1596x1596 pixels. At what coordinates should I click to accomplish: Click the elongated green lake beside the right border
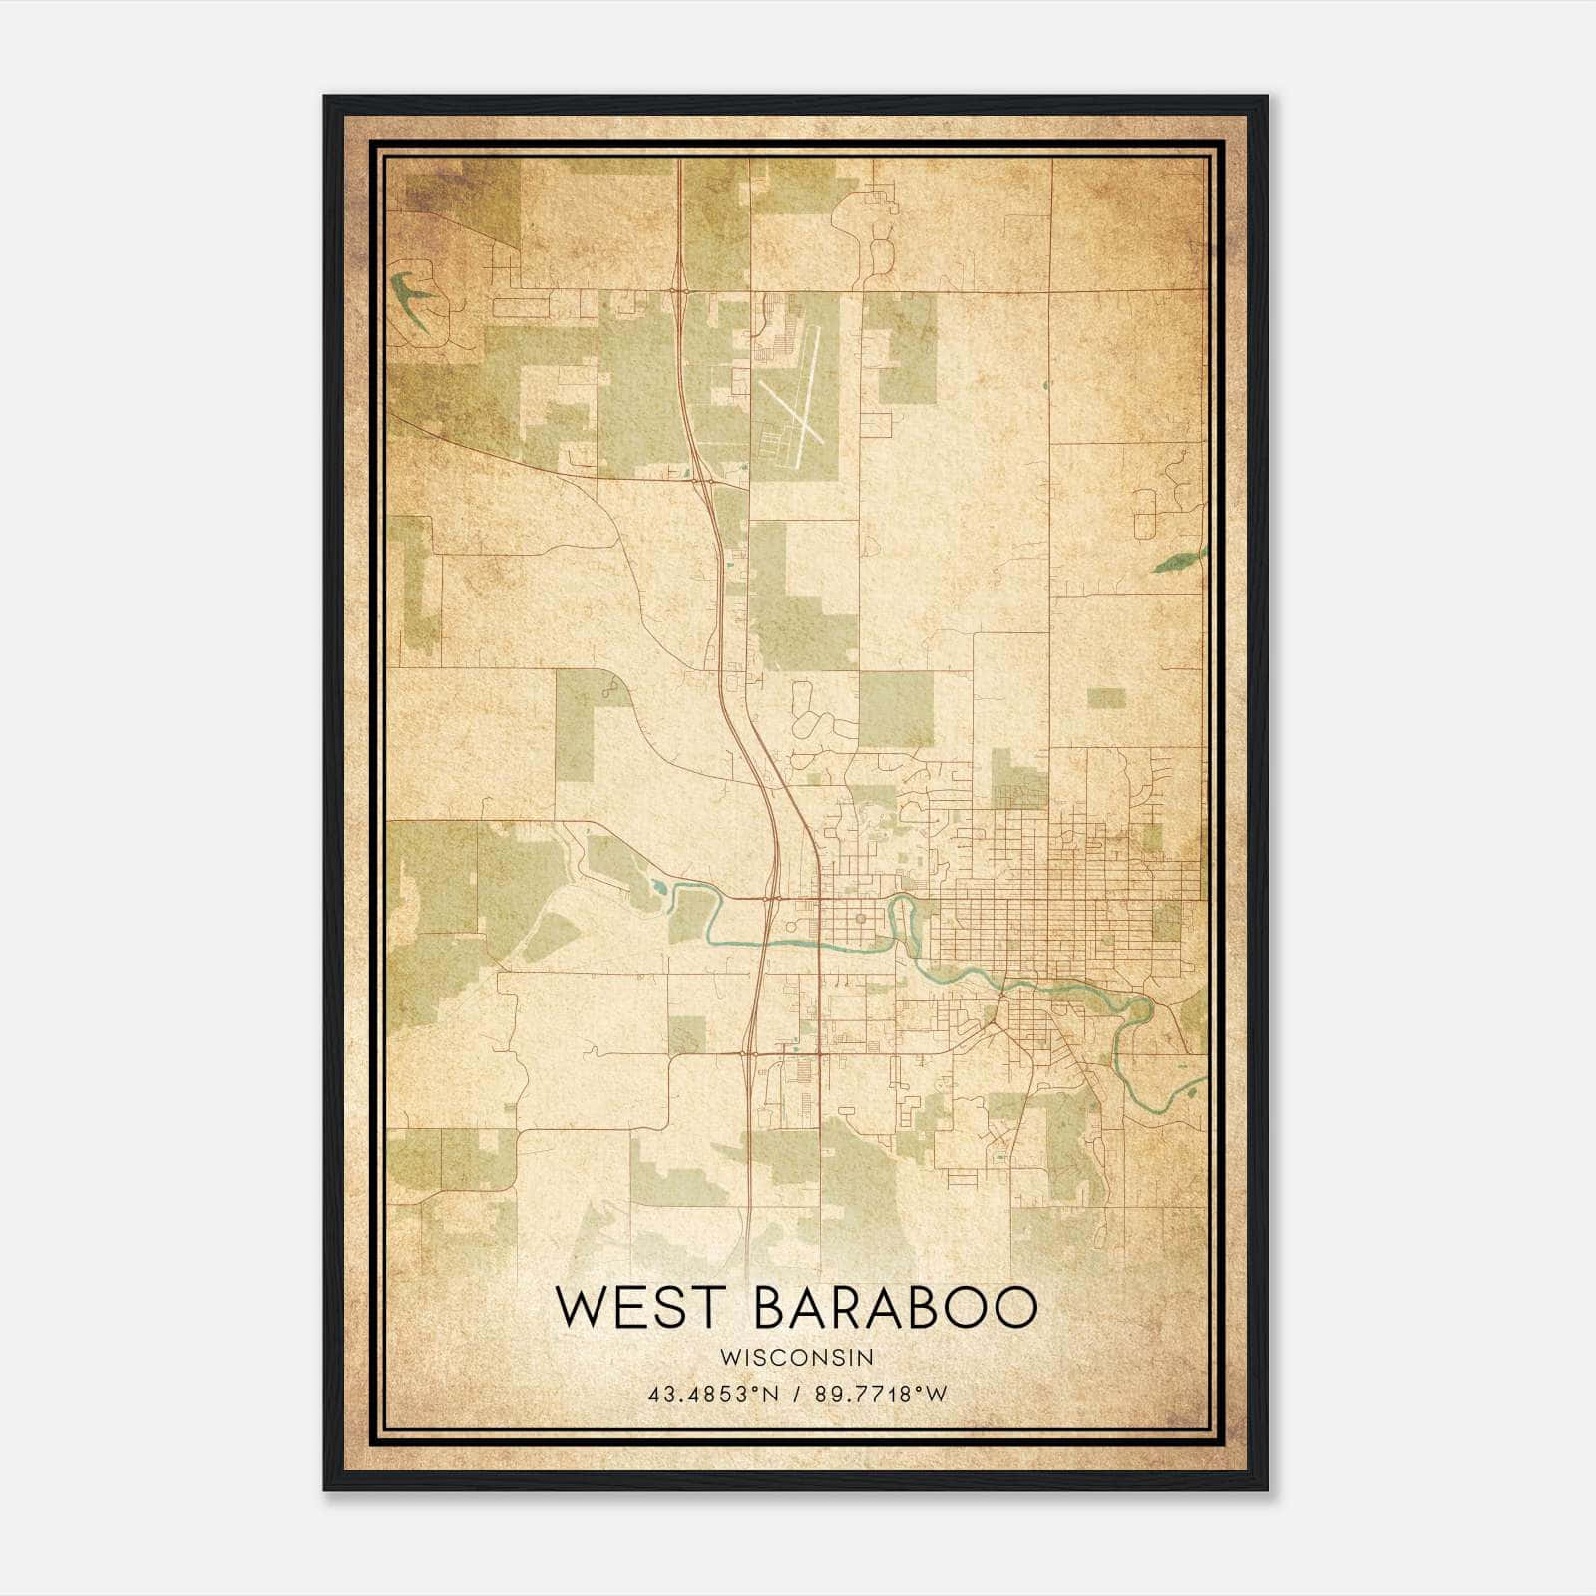pos(1178,561)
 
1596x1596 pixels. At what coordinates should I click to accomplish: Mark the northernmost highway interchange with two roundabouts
pos(679,290)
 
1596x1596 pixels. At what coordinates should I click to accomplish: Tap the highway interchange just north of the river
pos(770,898)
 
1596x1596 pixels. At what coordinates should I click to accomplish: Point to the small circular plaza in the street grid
pos(860,917)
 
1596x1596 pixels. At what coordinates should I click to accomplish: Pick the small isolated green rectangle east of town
pos(1105,698)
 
